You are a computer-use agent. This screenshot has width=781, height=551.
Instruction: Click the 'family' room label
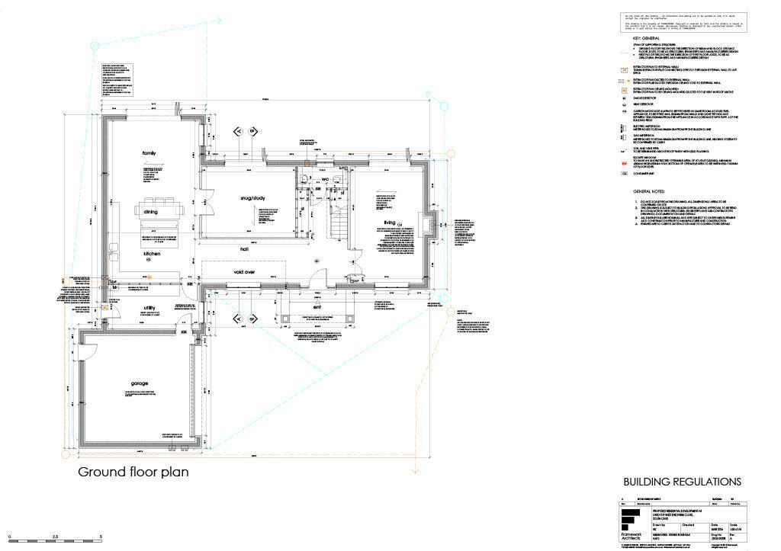pyautogui.click(x=149, y=153)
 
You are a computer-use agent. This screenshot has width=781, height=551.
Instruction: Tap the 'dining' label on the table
pyautogui.click(x=150, y=213)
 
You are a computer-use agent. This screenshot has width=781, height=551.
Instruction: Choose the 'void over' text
pyautogui.click(x=249, y=271)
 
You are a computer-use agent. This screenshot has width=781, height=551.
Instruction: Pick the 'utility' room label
pyautogui.click(x=150, y=308)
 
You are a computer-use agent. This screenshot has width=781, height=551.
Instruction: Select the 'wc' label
pyautogui.click(x=324, y=179)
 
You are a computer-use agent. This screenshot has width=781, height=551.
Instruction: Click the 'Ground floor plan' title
pyautogui.click(x=133, y=472)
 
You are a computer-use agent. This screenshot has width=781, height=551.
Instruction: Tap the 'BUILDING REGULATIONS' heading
pyautogui.click(x=682, y=482)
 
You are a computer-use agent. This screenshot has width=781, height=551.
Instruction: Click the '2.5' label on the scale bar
pyautogui.click(x=55, y=537)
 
